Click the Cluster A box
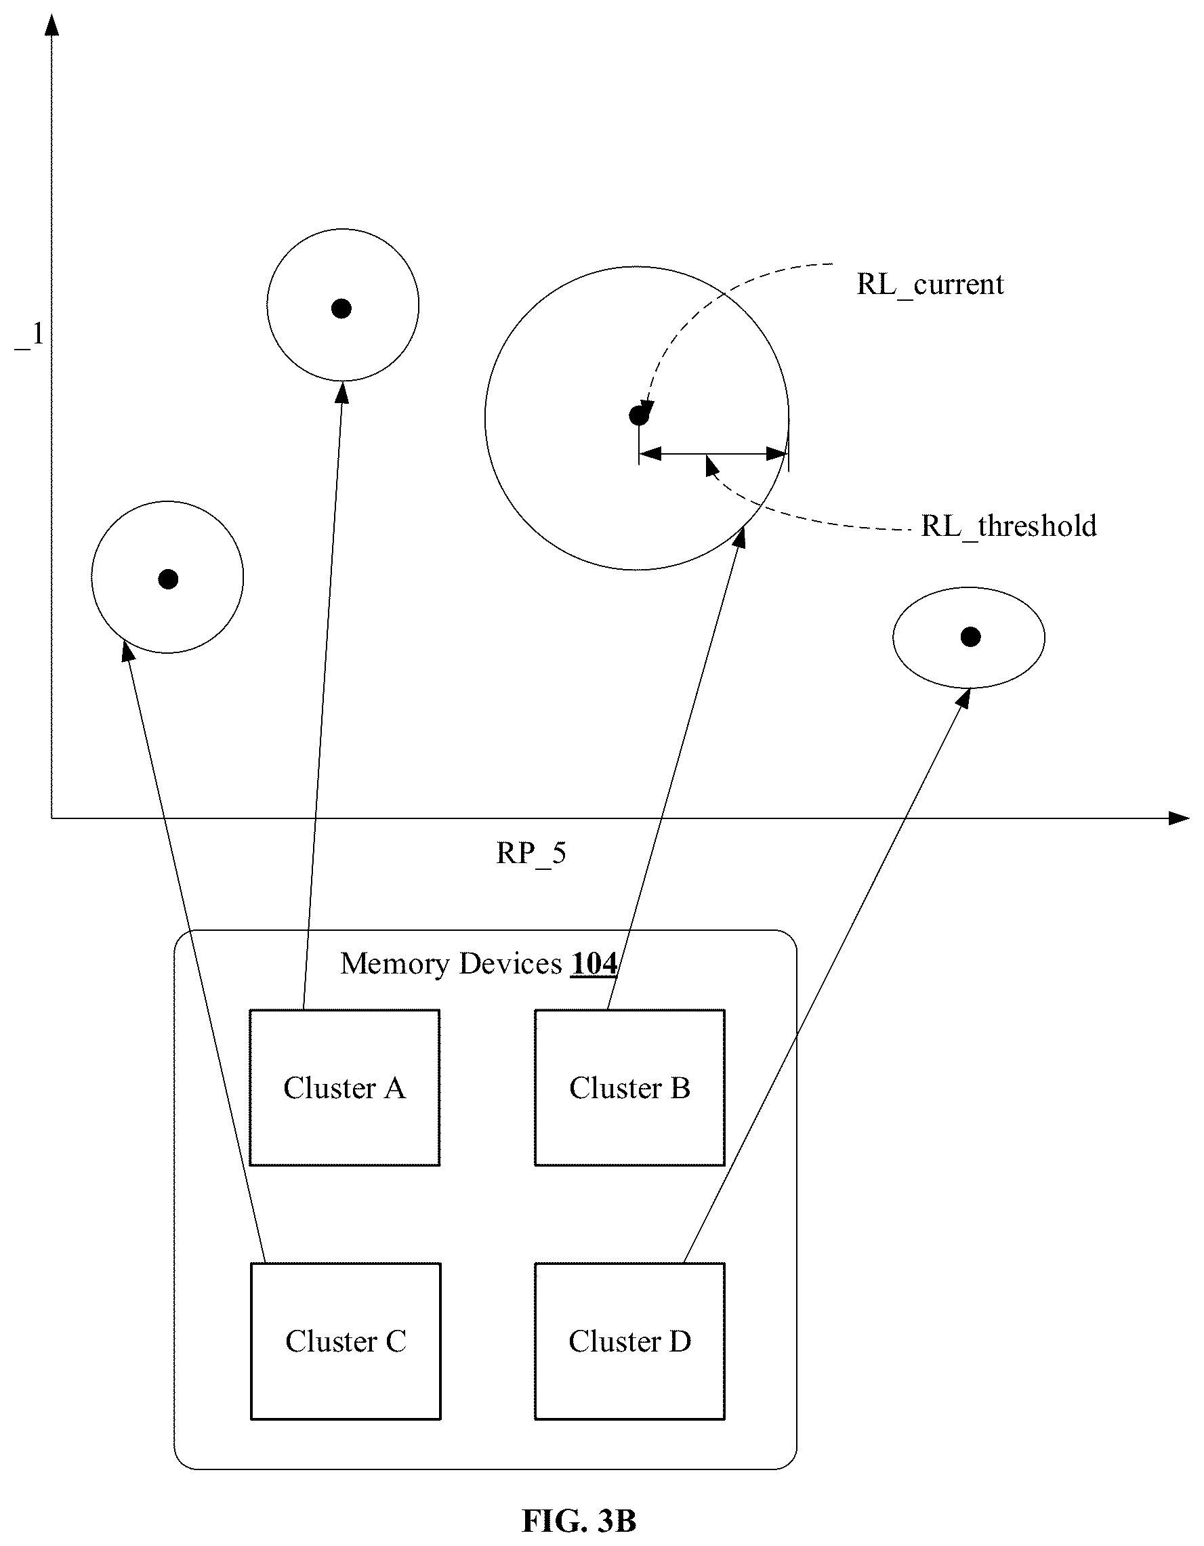pyautogui.click(x=345, y=1088)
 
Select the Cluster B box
pyautogui.click(x=629, y=1088)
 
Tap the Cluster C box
pyautogui.click(x=346, y=1341)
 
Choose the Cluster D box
pyautogui.click(x=629, y=1341)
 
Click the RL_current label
pyautogui.click(x=930, y=285)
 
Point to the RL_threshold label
pyautogui.click(x=1009, y=526)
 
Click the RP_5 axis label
pyautogui.click(x=531, y=854)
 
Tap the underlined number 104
pyautogui.click(x=594, y=963)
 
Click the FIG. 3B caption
pyautogui.click(x=579, y=1520)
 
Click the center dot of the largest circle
pyautogui.click(x=638, y=416)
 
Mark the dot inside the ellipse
pyautogui.click(x=970, y=637)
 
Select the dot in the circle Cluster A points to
pyautogui.click(x=342, y=309)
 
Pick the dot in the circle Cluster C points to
pyautogui.click(x=168, y=579)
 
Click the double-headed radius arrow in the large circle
pyautogui.click(x=713, y=454)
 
